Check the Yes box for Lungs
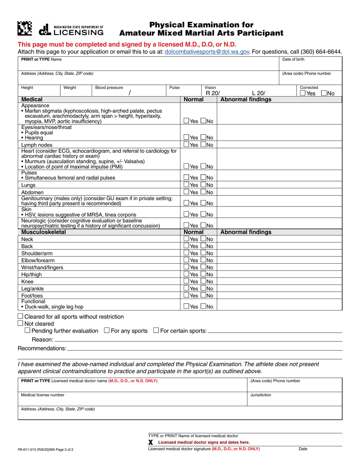point(186,185)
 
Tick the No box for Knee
point(203,281)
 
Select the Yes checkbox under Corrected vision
point(303,93)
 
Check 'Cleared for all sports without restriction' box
point(20,316)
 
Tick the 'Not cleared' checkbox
point(20,324)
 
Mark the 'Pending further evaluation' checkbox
point(27,331)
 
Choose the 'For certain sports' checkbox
point(156,331)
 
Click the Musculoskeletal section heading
point(44,232)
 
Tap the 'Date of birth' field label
point(293,59)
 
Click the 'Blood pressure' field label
point(109,88)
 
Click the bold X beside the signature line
point(150,443)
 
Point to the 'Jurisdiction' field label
point(260,395)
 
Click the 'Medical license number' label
point(42,395)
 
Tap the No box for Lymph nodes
point(203,144)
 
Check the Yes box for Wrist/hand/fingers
point(186,267)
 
